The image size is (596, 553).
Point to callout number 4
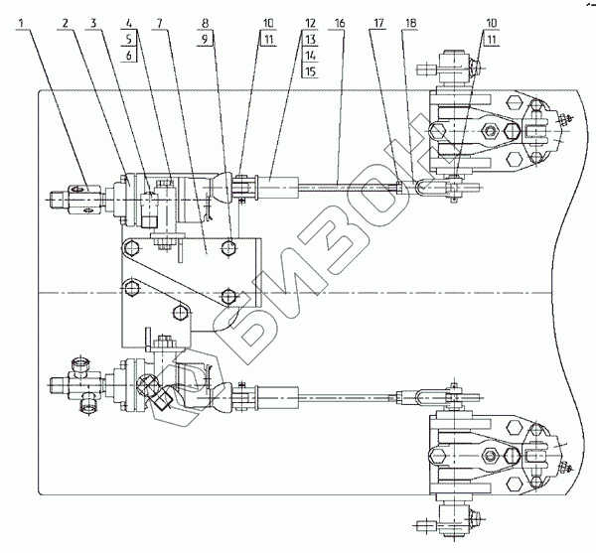tap(129, 22)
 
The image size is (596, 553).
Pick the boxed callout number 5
tap(129, 40)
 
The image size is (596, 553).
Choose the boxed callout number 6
tap(129, 57)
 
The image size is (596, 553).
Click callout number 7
tap(158, 22)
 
